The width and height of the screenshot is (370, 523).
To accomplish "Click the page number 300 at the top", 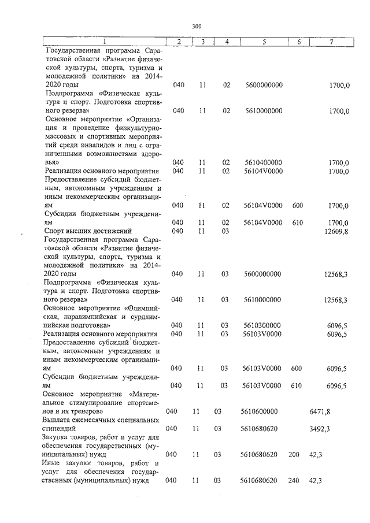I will click(x=197, y=26).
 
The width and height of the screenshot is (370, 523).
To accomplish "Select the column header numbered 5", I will click(x=264, y=42).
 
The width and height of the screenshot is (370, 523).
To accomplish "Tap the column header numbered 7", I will click(x=331, y=42).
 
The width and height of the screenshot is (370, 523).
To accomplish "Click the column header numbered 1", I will click(x=104, y=42).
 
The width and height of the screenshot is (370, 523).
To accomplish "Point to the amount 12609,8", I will click(x=337, y=232).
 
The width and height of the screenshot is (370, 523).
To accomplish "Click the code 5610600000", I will click(x=259, y=411).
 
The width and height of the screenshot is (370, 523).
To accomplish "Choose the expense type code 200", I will click(x=294, y=455).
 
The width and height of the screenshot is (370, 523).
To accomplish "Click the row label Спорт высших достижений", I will click(x=83, y=232).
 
